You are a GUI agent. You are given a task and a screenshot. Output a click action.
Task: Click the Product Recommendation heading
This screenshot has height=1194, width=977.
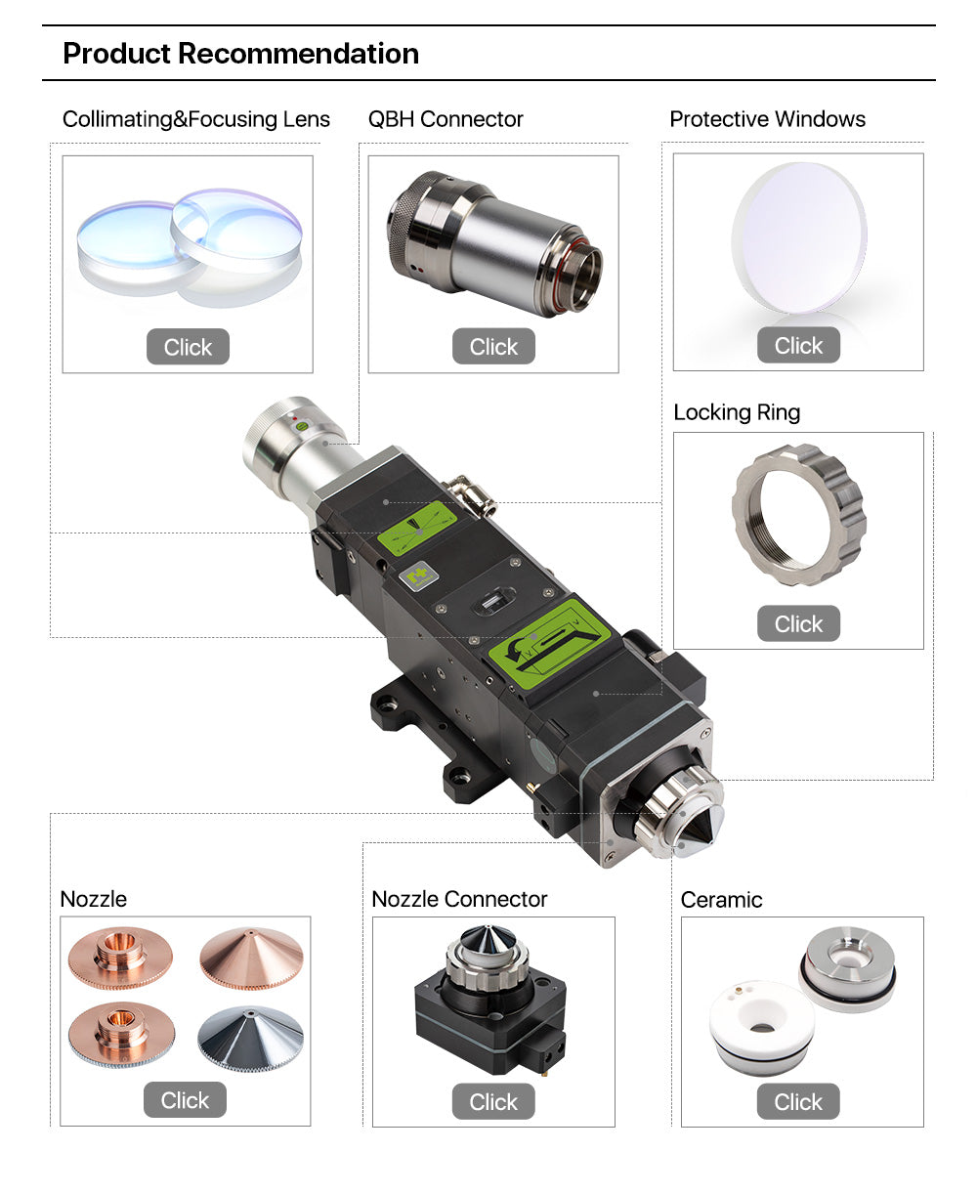(x=240, y=54)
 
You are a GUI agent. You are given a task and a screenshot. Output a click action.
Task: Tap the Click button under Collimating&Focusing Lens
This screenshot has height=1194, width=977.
(x=188, y=347)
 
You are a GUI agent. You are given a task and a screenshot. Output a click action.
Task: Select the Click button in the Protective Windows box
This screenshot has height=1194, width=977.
(x=798, y=345)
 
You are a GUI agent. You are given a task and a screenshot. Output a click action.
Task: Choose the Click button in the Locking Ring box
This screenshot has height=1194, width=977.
(x=798, y=623)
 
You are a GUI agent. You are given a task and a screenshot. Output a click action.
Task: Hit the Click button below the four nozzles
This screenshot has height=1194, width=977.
(x=185, y=1100)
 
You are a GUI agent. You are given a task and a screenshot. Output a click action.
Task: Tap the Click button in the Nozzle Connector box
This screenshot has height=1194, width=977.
(x=493, y=1101)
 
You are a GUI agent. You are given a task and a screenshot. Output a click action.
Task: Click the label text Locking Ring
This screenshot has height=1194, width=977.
(x=737, y=412)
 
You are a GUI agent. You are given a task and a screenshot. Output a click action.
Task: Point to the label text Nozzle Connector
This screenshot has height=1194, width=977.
(x=459, y=899)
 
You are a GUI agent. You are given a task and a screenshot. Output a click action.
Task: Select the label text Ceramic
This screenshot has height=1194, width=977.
(x=721, y=900)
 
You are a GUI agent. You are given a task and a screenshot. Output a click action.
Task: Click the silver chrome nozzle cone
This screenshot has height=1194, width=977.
(x=251, y=1038)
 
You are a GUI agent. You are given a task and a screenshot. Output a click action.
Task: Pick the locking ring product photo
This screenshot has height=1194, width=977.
(x=799, y=516)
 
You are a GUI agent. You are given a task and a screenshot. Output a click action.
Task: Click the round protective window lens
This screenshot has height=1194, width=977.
(x=798, y=237)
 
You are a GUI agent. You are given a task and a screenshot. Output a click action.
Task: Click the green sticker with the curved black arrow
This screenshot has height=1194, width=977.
(x=550, y=645)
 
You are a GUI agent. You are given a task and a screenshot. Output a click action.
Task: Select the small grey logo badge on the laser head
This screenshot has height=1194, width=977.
(x=418, y=576)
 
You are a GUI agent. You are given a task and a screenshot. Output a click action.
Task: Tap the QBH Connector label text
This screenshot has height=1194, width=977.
(x=446, y=119)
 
